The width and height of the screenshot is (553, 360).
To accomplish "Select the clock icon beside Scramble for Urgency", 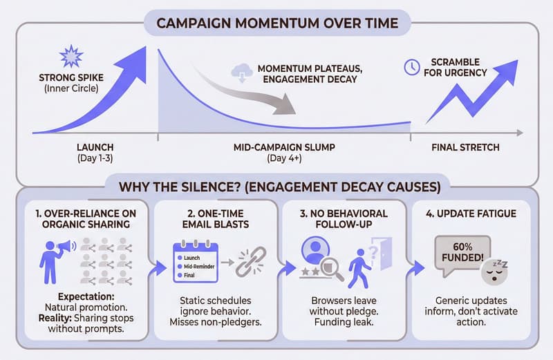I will (x=409, y=66).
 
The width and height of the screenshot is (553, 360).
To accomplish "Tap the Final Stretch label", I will (x=465, y=147).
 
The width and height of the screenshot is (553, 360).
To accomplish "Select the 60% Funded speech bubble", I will (x=462, y=254).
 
